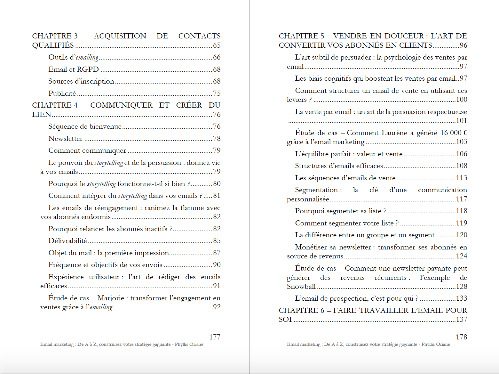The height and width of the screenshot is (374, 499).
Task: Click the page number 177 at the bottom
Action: click(215, 337)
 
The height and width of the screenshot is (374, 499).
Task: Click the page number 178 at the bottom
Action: click(461, 337)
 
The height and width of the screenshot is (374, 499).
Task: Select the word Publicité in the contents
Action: click(62, 93)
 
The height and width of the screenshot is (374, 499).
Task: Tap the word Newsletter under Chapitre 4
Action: click(65, 139)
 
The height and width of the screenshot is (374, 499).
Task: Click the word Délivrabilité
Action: click(67, 241)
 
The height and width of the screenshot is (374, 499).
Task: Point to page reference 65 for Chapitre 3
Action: click(217, 45)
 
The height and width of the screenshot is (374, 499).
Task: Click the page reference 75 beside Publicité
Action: click(217, 93)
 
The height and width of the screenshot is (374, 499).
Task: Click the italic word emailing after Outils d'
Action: click(87, 58)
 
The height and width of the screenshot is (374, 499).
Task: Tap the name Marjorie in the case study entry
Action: click(111, 298)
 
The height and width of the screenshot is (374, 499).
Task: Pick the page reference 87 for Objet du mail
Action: click(217, 253)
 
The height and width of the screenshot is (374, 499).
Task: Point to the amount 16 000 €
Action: click(454, 133)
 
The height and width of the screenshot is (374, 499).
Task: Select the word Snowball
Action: click(301, 287)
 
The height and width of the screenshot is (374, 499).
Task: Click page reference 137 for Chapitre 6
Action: click(461, 320)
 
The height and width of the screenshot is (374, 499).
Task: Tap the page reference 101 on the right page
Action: click(461, 121)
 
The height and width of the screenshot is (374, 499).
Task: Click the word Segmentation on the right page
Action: click(316, 190)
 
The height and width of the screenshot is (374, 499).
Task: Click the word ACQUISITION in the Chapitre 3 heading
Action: click(120, 36)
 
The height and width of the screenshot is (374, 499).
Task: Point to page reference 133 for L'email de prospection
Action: click(461, 298)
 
